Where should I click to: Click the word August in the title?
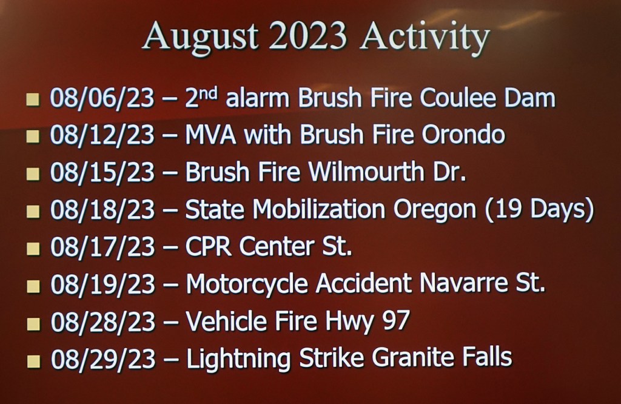point(200,37)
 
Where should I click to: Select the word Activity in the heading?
point(425,38)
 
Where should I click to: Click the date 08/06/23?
point(102,98)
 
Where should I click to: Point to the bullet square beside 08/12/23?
point(33,136)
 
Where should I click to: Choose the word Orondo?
point(463,135)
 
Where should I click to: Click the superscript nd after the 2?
point(207,93)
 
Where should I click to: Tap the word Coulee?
point(458,98)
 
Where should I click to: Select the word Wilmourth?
point(366,172)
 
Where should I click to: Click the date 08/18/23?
point(102,209)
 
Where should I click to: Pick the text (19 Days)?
point(539,209)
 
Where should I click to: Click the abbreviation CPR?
point(208,246)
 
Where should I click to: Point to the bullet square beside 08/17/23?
point(33,249)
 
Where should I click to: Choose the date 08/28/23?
point(103,322)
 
